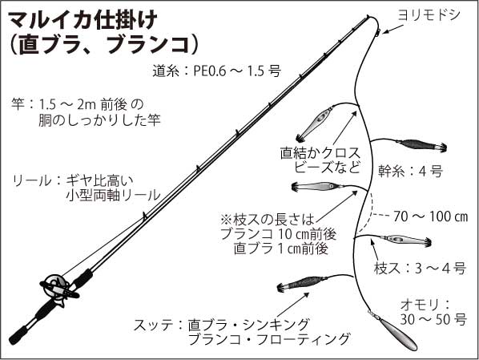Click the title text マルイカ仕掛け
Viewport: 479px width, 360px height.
[x=83, y=20]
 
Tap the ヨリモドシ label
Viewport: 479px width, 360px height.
[x=429, y=14]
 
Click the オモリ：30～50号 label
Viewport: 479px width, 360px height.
[x=433, y=312]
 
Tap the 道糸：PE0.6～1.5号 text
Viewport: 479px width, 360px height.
[x=216, y=71]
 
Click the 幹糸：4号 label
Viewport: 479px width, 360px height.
[x=410, y=171]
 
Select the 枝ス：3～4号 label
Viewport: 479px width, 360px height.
[x=420, y=268]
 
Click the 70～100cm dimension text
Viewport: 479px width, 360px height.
[x=431, y=216]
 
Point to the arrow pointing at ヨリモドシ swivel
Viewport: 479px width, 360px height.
[x=393, y=28]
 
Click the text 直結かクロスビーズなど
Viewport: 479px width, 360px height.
[x=320, y=160]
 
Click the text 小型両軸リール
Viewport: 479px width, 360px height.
[x=113, y=195]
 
